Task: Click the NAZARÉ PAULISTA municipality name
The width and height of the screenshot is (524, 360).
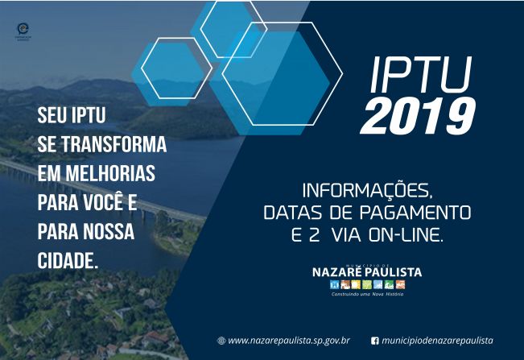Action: [366, 272]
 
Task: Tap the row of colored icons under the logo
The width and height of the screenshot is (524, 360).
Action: [367, 285]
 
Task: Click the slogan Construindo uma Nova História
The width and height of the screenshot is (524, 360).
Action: [367, 295]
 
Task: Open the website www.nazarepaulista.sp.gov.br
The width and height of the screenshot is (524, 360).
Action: [289, 341]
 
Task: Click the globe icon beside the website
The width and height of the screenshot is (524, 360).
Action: [221, 341]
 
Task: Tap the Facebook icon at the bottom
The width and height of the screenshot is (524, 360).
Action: [375, 341]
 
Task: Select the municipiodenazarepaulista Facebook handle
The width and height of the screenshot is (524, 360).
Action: [438, 341]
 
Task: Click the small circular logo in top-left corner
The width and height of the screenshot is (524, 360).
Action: [23, 30]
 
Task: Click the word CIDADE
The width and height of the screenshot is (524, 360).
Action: [68, 261]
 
